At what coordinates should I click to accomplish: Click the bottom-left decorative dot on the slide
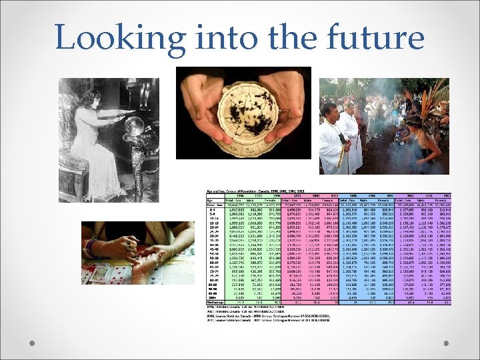pos(32,344)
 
